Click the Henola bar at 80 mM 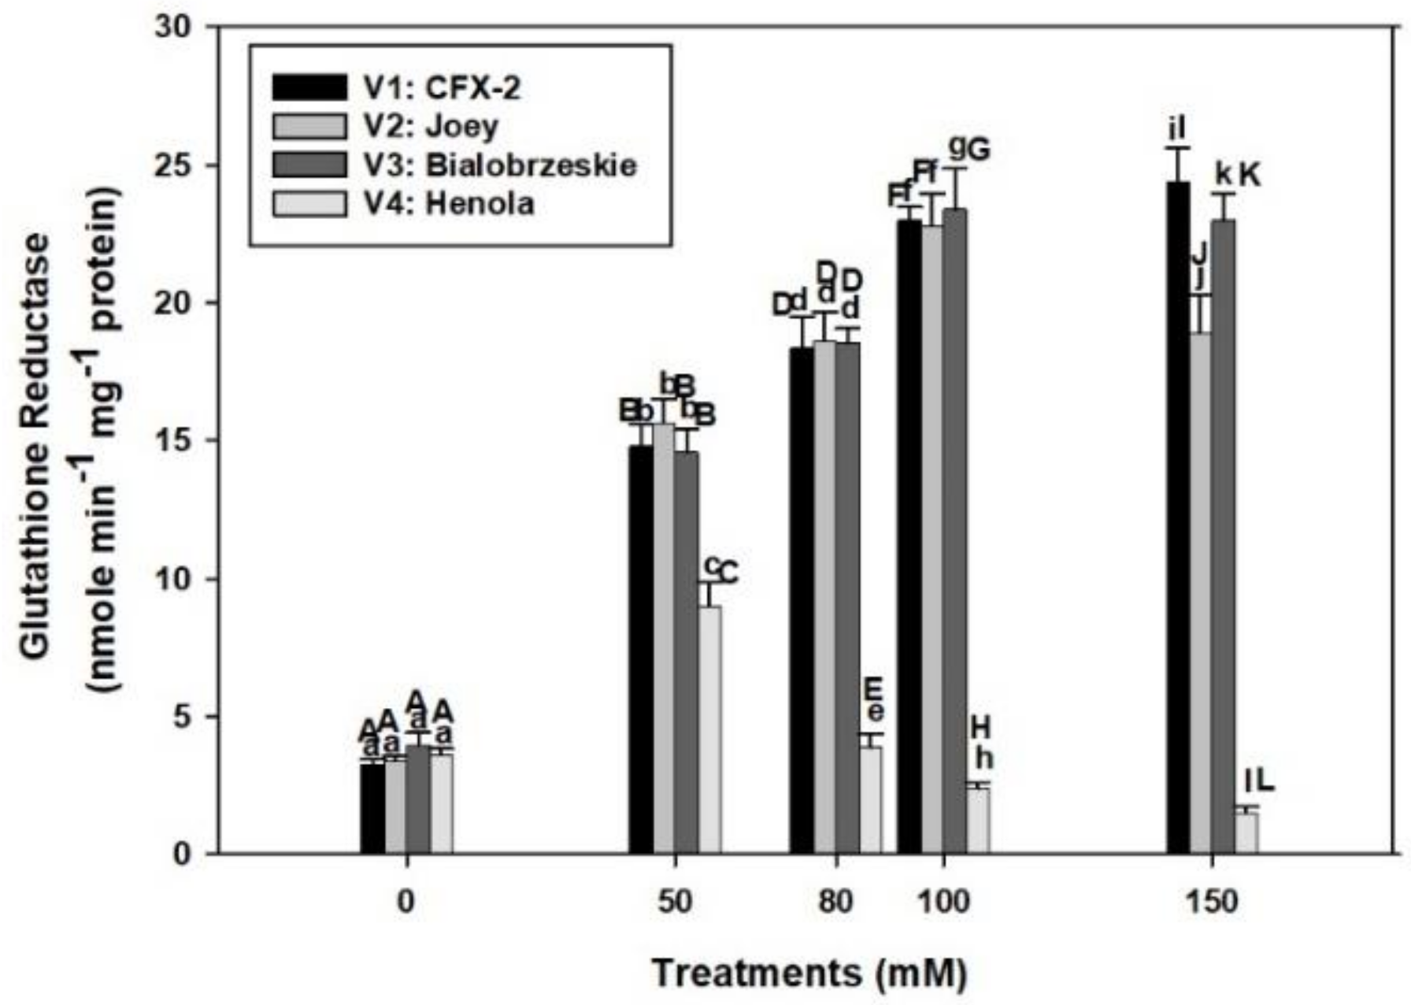(x=871, y=799)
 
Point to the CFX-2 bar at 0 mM (x=372, y=808)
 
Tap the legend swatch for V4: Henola (x=309, y=204)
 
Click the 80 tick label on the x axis (x=835, y=902)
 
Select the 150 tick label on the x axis (x=1212, y=902)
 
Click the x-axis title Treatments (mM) (x=809, y=973)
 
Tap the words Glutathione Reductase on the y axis (x=35, y=445)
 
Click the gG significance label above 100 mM (x=968, y=148)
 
